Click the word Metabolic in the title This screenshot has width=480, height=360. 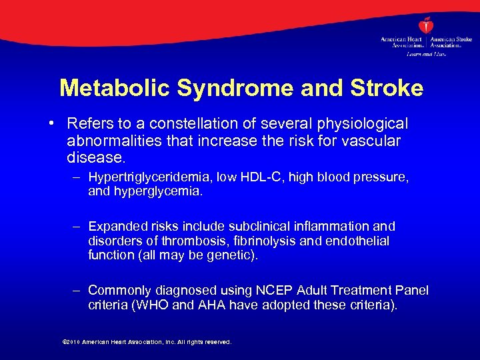click(107, 88)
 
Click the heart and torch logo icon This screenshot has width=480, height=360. click(426, 26)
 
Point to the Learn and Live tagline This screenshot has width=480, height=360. click(426, 53)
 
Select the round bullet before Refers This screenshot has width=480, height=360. click(51, 125)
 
